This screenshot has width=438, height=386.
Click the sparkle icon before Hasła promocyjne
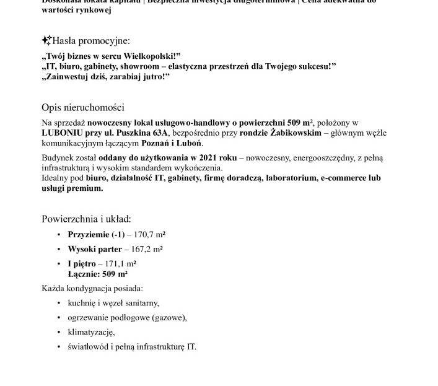46,41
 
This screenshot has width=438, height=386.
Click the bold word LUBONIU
61,133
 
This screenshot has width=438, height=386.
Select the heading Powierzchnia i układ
86,219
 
